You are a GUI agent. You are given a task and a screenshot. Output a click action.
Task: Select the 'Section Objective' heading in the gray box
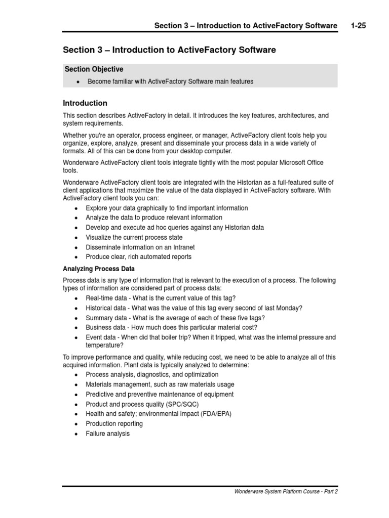click(x=94, y=69)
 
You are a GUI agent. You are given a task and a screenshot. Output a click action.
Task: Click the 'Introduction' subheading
click(x=85, y=103)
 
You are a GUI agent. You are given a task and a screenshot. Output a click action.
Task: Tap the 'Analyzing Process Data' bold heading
click(x=99, y=269)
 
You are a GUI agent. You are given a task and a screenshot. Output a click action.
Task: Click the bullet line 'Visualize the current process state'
click(x=134, y=237)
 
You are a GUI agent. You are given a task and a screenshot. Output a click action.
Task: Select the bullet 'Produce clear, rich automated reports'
click(x=138, y=257)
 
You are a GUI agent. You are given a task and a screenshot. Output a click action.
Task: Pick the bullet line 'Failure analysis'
click(x=107, y=434)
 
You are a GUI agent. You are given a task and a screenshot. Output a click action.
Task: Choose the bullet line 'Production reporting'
click(x=114, y=424)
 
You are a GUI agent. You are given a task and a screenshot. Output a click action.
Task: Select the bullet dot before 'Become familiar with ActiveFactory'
click(x=77, y=82)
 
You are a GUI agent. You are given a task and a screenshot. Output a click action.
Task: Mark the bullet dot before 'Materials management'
click(x=76, y=385)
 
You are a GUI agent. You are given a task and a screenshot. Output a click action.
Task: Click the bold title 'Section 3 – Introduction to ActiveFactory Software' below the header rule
click(x=169, y=50)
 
